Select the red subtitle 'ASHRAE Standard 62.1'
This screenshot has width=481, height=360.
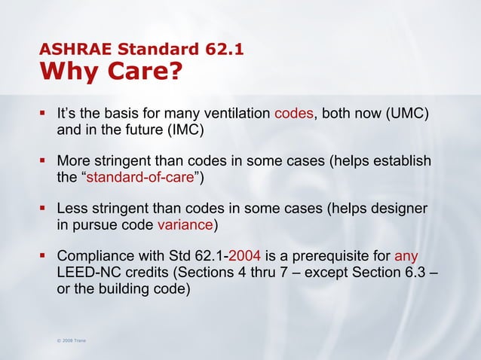(140, 51)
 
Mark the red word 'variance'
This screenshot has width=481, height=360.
(185, 224)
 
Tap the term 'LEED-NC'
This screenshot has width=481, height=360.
(87, 272)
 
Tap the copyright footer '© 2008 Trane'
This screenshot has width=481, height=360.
(69, 341)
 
